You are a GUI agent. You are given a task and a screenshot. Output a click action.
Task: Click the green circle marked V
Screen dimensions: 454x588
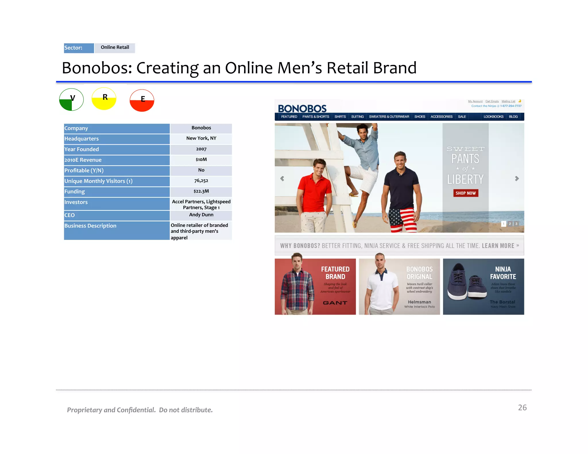click(71, 100)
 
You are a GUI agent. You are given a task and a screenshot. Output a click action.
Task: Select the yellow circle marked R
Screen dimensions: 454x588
click(104, 99)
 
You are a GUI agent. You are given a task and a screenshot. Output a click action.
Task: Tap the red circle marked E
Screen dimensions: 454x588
click(142, 100)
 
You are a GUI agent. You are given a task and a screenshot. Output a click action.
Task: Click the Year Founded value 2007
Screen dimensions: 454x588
click(201, 149)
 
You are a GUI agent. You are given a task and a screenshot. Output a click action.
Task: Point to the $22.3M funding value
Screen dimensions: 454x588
click(201, 191)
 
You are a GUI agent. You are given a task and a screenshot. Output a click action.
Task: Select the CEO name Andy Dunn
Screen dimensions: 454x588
click(201, 215)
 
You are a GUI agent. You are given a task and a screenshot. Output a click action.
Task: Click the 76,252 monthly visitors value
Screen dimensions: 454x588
click(201, 181)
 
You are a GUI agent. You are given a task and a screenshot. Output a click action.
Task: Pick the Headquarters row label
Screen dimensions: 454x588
click(82, 139)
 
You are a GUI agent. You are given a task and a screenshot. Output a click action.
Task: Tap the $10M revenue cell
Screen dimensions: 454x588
click(201, 160)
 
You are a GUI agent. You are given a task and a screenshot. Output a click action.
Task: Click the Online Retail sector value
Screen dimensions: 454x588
click(115, 47)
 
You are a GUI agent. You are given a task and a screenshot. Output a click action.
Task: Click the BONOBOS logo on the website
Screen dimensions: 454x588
click(302, 108)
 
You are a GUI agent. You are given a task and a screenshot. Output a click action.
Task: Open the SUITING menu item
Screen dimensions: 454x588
click(357, 117)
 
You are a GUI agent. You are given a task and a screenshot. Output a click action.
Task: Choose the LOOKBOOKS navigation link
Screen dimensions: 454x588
click(493, 117)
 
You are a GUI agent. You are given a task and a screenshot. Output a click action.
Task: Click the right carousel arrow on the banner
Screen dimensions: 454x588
click(517, 179)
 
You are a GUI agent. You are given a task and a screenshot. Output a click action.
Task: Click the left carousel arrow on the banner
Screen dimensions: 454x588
click(282, 179)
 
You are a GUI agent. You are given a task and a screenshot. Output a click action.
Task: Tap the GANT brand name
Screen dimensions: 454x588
click(335, 303)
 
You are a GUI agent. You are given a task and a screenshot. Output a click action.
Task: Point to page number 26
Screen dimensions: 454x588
click(522, 408)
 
